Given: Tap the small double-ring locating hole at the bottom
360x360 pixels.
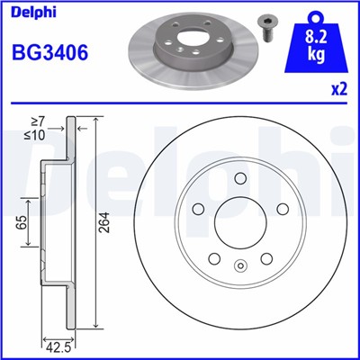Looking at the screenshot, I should click(x=240, y=266).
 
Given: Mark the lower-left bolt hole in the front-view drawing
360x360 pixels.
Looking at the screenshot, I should click(x=214, y=258).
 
